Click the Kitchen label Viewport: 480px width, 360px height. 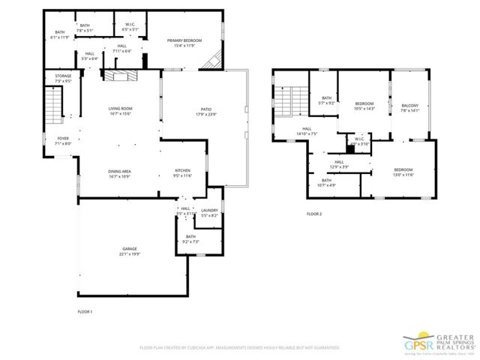183,172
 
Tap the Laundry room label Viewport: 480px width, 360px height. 208,213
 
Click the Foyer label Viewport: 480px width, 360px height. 63,141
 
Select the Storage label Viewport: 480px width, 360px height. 64,78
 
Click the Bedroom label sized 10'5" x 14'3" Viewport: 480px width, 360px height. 364,106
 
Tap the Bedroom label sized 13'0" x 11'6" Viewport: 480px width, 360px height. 403,172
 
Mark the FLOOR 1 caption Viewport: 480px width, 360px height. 85,310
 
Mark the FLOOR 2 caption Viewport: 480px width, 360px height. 313,214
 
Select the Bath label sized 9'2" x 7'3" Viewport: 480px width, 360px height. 190,239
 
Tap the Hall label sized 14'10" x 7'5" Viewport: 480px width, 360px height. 307,131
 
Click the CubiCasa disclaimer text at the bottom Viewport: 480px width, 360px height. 239,348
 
